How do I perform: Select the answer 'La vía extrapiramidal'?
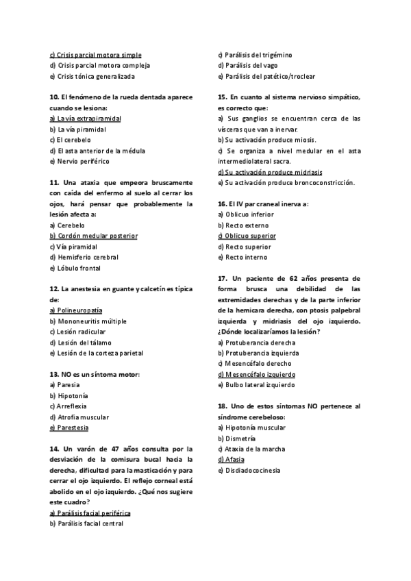pos(86,119)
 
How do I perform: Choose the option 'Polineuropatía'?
pos(76,310)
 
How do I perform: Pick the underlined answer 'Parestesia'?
pos(69,428)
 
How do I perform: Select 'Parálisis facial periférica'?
pos(90,513)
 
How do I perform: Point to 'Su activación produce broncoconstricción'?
pos(286,183)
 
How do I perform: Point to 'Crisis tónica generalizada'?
pos(92,76)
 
